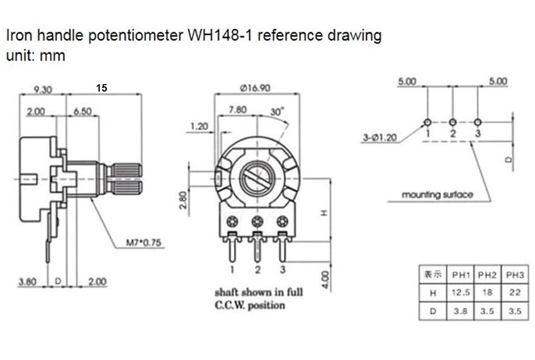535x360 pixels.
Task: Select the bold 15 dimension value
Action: pyautogui.click(x=101, y=88)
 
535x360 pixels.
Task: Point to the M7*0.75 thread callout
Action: pyautogui.click(x=144, y=242)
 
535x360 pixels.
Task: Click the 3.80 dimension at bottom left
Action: pyautogui.click(x=28, y=282)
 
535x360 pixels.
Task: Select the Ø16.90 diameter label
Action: pyautogui.click(x=255, y=88)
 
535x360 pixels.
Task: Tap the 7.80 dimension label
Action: pyautogui.click(x=238, y=109)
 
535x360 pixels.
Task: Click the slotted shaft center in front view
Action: pyautogui.click(x=257, y=178)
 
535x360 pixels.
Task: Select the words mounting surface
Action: pyautogui.click(x=437, y=195)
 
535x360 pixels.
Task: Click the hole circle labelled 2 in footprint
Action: pyautogui.click(x=453, y=122)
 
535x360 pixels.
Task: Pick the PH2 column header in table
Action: pyautogui.click(x=488, y=274)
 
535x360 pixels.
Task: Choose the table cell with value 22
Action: pyautogui.click(x=515, y=293)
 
